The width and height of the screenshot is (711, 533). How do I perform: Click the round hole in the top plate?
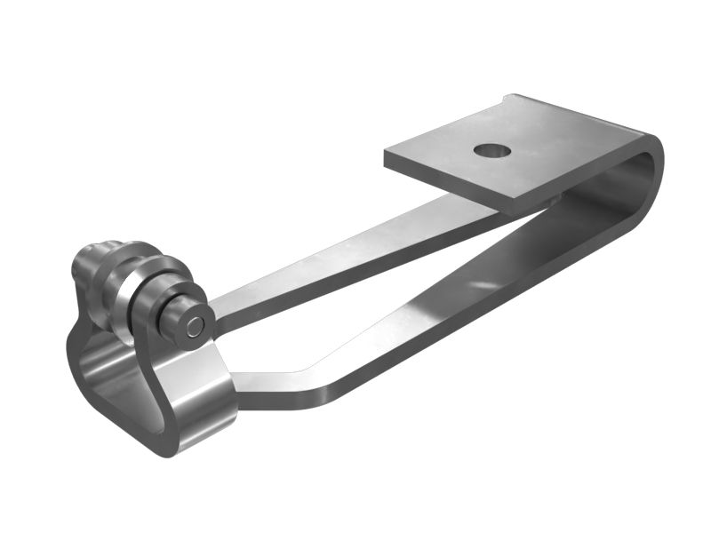491,150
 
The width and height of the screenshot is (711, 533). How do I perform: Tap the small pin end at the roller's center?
195,326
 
